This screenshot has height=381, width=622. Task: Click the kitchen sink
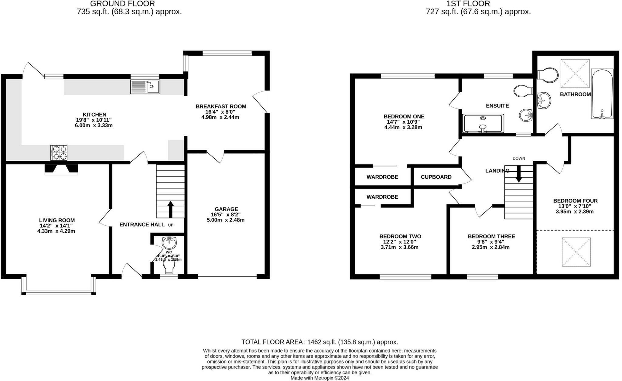145,87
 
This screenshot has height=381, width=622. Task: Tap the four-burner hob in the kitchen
59,153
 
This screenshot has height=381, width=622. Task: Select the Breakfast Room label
221,106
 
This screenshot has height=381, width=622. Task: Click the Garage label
226,209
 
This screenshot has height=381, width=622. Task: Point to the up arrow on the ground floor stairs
170,209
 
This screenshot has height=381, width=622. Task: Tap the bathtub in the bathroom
602,94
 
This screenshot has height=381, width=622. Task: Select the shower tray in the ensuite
483,123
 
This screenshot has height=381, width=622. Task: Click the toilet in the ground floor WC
169,265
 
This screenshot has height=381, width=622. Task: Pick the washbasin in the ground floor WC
169,243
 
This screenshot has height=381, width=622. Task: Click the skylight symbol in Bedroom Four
576,252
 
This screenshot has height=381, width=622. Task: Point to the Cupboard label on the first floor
436,177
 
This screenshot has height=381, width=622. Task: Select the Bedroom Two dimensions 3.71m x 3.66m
399,247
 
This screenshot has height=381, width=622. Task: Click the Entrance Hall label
142,225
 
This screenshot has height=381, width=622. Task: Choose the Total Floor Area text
320,342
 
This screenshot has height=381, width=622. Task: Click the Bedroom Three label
491,236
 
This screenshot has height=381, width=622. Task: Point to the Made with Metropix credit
320,378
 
